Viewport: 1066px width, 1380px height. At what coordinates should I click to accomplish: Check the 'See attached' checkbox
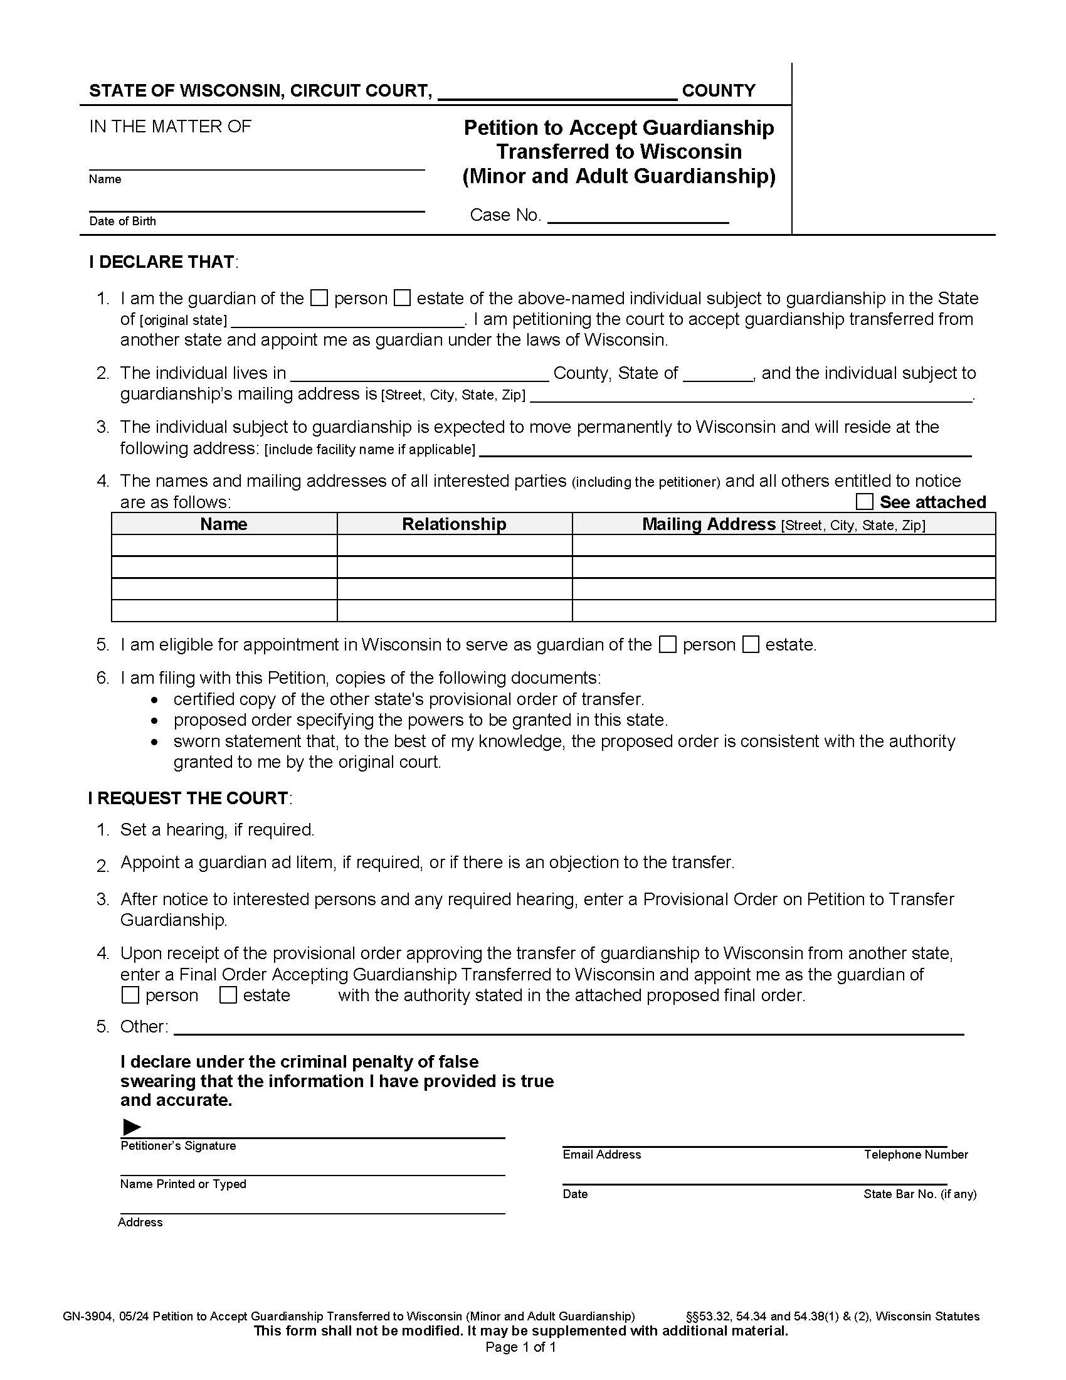tap(864, 502)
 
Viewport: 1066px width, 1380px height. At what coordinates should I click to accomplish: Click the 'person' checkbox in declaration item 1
tap(320, 297)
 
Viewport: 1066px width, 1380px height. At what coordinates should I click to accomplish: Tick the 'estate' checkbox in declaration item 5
tap(750, 644)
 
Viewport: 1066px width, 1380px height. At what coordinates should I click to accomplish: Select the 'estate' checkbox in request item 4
tap(228, 995)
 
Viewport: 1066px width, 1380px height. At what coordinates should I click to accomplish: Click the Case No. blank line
tap(638, 216)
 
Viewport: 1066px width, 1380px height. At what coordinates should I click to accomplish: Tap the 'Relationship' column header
tap(454, 524)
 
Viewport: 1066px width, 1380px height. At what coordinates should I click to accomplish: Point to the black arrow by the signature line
tap(131, 1127)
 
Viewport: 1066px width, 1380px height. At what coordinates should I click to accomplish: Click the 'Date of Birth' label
tap(122, 221)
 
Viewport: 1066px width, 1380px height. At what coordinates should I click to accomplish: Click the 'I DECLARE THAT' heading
tap(162, 262)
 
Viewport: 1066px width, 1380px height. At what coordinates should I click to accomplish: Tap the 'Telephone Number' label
tap(916, 1154)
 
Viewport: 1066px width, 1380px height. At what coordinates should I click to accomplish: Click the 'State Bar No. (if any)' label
tap(919, 1194)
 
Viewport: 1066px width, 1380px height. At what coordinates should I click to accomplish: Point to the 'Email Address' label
tap(601, 1154)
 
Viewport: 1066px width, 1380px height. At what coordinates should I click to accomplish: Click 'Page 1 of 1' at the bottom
tap(520, 1347)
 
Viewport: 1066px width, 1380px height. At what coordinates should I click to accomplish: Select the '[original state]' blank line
tap(347, 321)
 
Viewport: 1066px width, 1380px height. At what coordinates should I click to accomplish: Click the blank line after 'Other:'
tap(568, 1027)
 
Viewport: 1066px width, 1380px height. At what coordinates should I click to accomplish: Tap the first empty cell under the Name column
tap(224, 545)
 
